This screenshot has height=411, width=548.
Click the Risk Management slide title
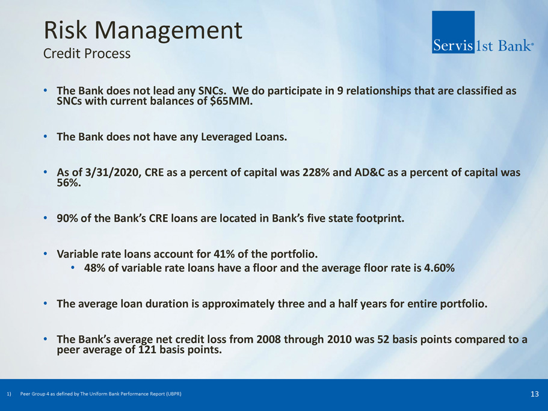(143, 31)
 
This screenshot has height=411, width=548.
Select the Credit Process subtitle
(87, 54)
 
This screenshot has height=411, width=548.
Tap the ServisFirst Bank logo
(482, 32)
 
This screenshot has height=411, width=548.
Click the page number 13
(534, 394)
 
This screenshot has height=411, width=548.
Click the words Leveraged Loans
(244, 137)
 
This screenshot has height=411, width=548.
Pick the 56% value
(69, 183)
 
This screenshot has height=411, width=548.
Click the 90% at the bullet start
(67, 218)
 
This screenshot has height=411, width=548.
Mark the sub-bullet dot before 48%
(73, 268)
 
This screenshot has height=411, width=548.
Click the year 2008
(268, 339)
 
